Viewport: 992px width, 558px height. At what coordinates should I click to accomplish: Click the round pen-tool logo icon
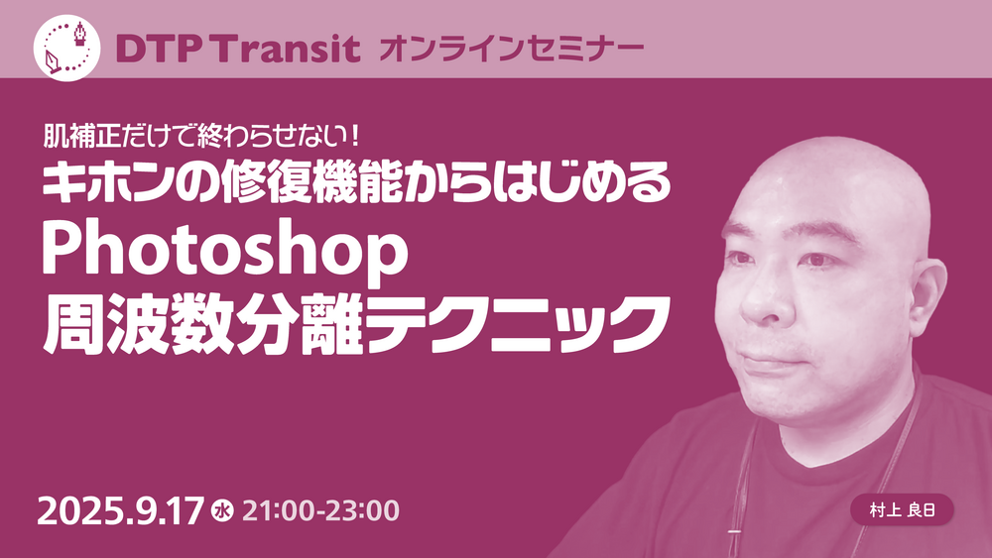click(x=67, y=48)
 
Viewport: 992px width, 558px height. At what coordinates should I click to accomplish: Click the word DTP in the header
click(x=155, y=50)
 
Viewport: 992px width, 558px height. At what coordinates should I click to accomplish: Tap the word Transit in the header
click(x=283, y=50)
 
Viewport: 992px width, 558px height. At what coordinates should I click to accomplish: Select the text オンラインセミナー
click(x=511, y=50)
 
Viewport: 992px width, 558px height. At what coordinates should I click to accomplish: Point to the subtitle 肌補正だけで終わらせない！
click(x=201, y=135)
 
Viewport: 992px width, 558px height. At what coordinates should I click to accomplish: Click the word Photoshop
click(x=224, y=252)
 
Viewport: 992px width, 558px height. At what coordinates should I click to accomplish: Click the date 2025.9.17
click(x=121, y=511)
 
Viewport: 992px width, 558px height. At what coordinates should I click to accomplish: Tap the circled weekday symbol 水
click(x=222, y=511)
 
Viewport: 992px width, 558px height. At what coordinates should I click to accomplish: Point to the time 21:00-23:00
click(x=320, y=511)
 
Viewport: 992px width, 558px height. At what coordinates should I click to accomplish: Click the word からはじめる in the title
click(x=547, y=183)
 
